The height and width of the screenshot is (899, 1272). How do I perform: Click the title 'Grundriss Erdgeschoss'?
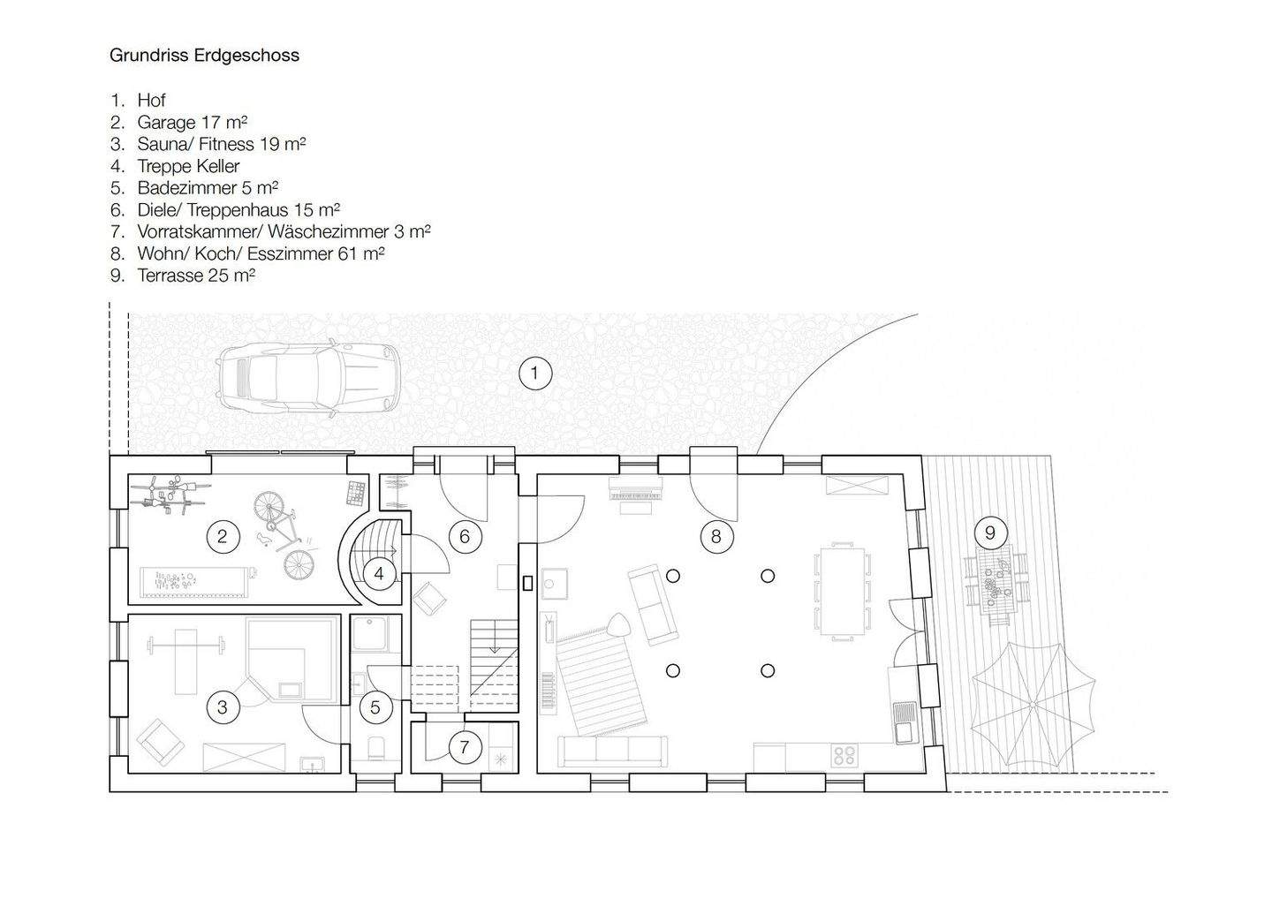pos(204,55)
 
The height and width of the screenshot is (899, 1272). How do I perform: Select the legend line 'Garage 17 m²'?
pos(191,122)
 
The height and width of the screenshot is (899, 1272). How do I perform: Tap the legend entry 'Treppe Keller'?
pos(187,166)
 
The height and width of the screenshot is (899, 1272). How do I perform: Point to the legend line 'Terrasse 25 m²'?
pos(195,276)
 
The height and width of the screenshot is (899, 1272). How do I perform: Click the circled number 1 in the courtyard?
pos(534,373)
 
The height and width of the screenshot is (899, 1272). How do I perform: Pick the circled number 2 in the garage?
pos(223,535)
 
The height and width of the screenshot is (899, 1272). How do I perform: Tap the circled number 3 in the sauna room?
pos(223,706)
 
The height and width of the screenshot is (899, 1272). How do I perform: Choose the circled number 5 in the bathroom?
pos(375,707)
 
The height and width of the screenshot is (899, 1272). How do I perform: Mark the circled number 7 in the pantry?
pos(464,748)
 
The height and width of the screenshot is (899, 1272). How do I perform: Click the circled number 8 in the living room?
pos(715,535)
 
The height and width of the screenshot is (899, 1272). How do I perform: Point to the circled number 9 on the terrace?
pos(990,533)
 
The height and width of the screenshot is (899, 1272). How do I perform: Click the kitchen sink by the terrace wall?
pos(905,719)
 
